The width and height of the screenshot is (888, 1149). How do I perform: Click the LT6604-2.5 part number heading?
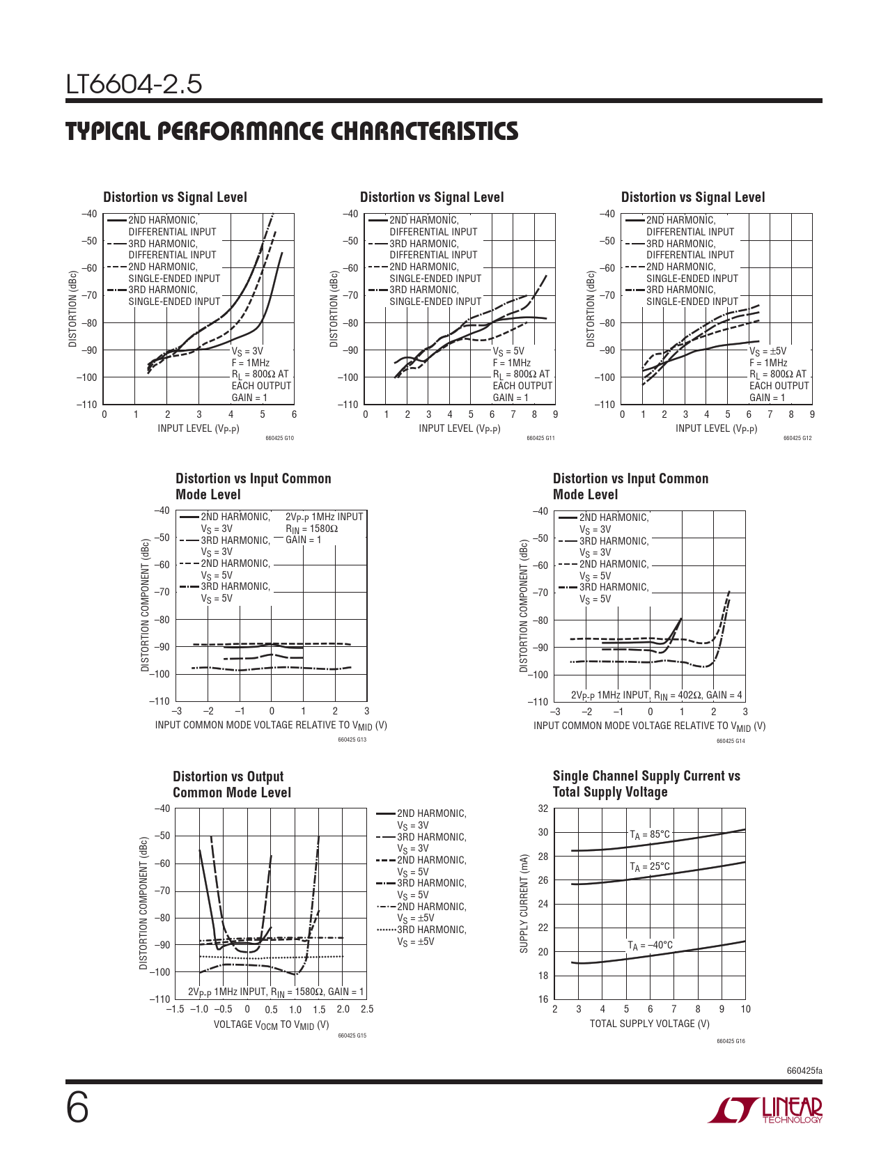pos(134,84)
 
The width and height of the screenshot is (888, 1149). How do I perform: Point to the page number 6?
pos(77,1109)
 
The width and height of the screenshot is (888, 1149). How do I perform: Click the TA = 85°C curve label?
pos(649,834)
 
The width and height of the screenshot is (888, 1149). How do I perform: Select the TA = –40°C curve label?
pos(650,946)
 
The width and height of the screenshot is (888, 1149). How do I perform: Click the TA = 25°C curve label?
pos(649,867)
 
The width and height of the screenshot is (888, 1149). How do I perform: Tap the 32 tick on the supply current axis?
pos(543,808)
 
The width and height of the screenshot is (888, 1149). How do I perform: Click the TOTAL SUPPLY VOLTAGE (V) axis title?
pos(649,1024)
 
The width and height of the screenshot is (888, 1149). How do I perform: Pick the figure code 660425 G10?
pos(280,439)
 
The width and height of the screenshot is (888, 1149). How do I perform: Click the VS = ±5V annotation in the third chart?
pos(768,352)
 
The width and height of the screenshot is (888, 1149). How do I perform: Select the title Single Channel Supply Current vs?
pos(646,776)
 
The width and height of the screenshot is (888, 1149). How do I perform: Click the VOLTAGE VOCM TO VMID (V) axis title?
pos(271,1024)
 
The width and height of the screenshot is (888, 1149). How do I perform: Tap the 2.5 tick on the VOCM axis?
pos(367,1009)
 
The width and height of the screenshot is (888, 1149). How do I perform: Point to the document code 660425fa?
pos(804,1070)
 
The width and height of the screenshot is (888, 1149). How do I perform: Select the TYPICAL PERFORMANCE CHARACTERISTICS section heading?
pos(292,131)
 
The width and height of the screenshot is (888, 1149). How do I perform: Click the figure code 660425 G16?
pos(731,1042)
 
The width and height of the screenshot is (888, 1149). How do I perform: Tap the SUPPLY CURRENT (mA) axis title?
pos(524,904)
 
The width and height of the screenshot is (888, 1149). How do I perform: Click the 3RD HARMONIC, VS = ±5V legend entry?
pos(431,935)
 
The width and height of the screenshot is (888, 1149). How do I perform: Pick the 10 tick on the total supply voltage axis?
pos(745,1009)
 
